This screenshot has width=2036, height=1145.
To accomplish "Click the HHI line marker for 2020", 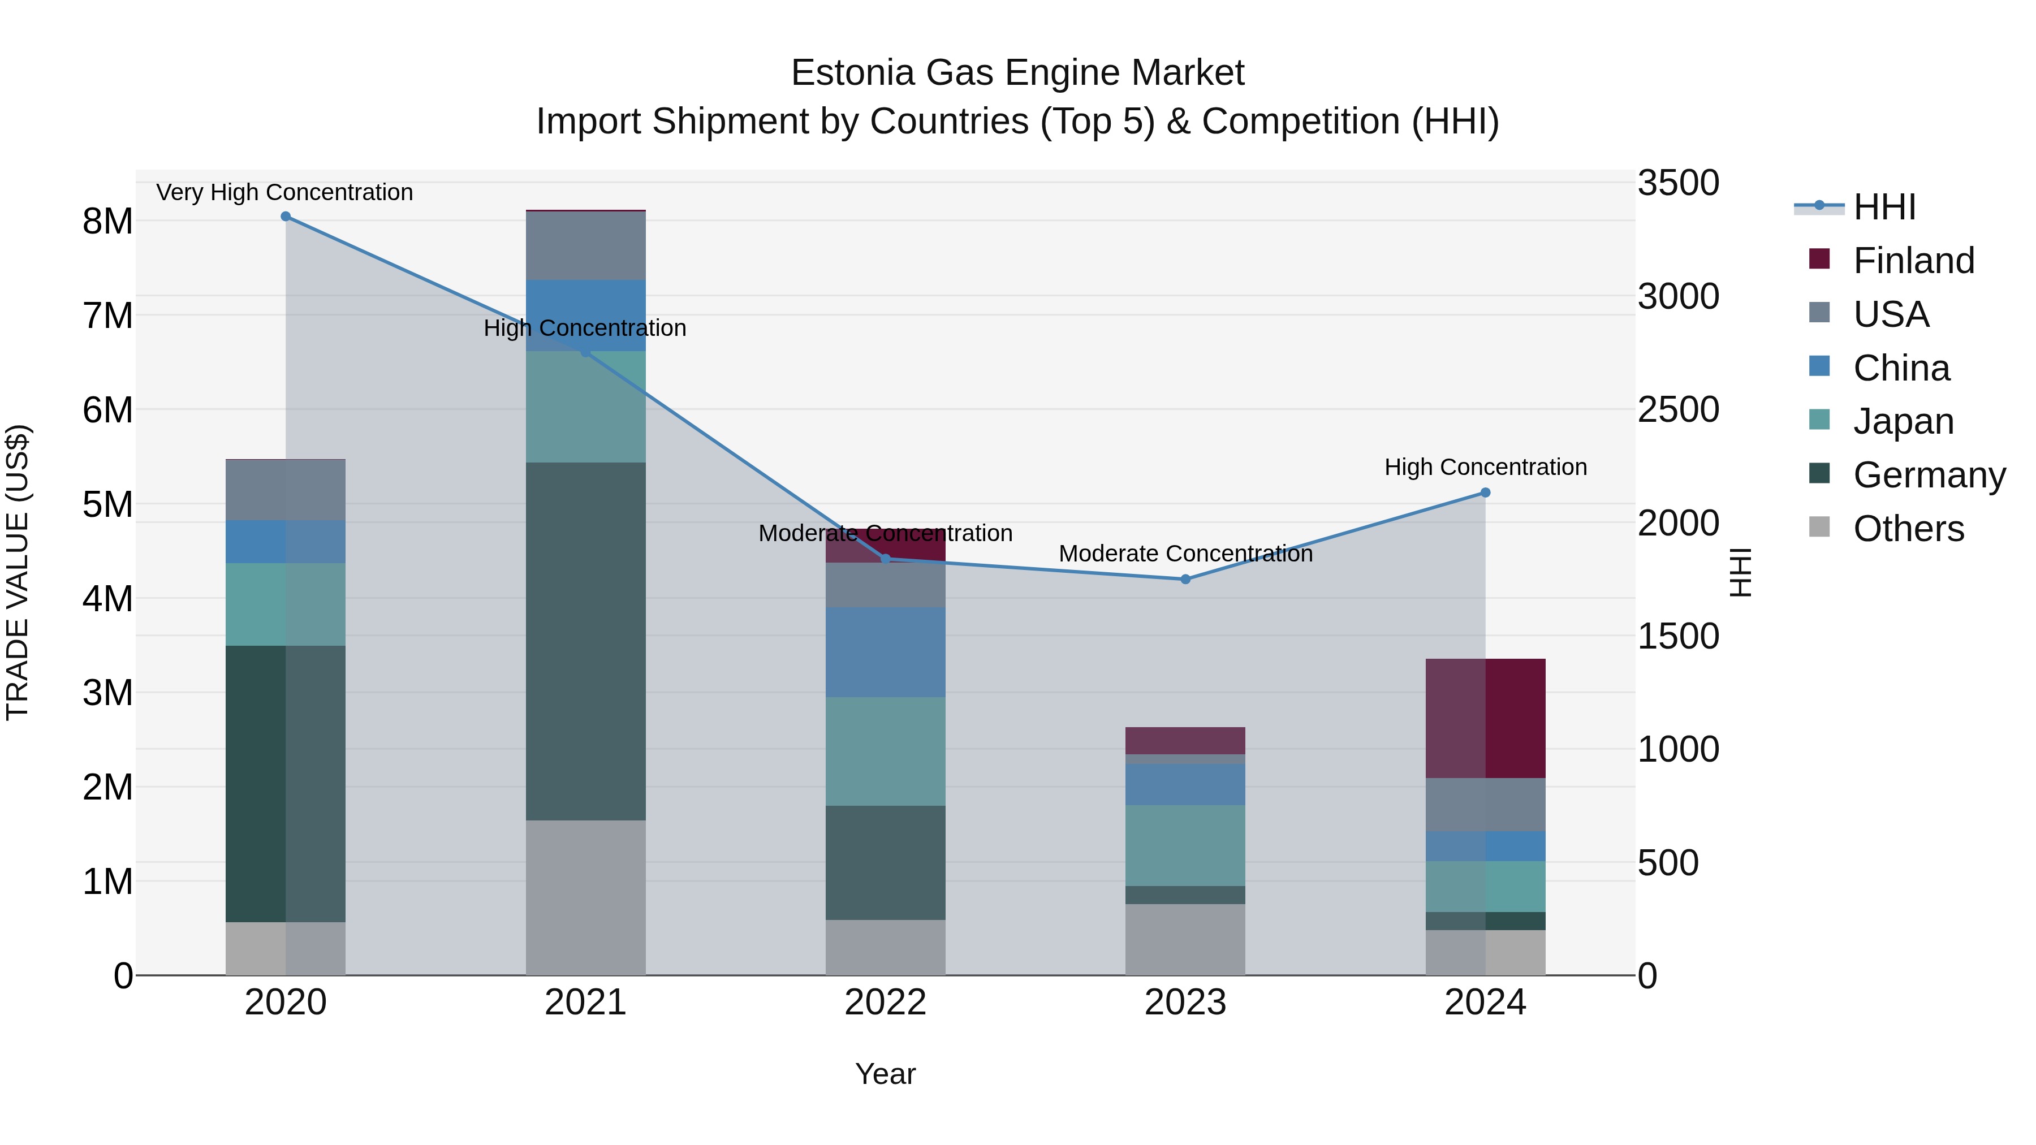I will [286, 217].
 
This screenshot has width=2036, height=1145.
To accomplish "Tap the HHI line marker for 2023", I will [1185, 579].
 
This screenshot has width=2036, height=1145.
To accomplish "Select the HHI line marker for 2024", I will [1485, 493].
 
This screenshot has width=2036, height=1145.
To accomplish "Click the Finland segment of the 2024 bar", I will [1485, 718].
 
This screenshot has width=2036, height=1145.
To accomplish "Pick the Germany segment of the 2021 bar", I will [586, 641].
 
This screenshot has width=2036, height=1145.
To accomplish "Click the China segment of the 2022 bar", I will [885, 652].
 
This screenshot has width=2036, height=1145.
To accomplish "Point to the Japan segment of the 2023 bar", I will [1185, 845].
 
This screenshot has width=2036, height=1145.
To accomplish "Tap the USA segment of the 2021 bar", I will [586, 246].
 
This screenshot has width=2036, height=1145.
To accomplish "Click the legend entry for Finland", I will [1913, 261].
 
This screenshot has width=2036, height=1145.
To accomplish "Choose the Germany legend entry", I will [1929, 475].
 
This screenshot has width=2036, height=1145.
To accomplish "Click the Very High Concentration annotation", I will [284, 192].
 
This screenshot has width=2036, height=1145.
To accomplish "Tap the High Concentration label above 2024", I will [1485, 467].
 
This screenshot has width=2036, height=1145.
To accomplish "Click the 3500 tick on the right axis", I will [1677, 183].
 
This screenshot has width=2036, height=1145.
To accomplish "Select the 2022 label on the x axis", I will [885, 1003].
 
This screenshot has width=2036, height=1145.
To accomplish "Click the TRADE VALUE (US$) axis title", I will [18, 572].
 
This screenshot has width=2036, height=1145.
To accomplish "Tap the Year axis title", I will [885, 1074].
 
